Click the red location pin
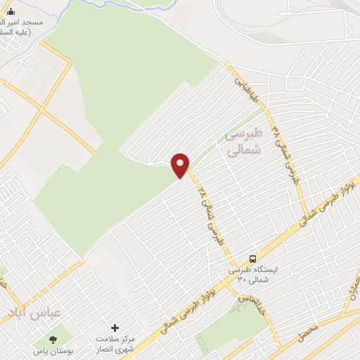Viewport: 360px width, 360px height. pos(181,165)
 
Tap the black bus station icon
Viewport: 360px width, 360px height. pos(252,258)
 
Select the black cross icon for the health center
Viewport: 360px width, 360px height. pos(115,328)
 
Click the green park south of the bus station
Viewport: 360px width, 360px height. pos(225,327)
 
